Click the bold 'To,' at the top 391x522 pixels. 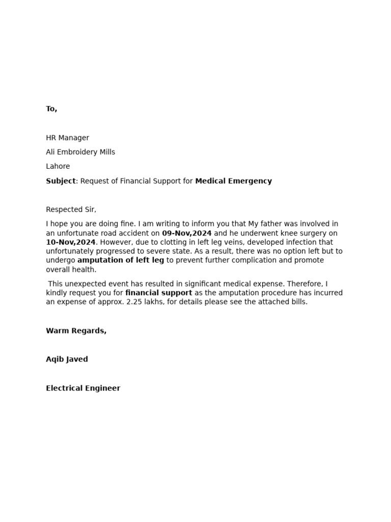[x=51, y=109]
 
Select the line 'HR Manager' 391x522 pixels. [x=67, y=138]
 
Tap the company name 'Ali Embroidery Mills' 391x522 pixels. [x=80, y=152]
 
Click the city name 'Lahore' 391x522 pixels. [x=58, y=166]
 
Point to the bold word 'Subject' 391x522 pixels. [x=61, y=181]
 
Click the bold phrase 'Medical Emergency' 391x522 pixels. [x=233, y=181]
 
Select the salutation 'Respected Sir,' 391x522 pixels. [x=71, y=210]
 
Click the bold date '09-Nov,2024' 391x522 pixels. [x=186, y=233]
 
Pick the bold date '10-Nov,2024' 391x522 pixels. [x=70, y=242]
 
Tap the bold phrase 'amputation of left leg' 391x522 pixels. [x=121, y=260]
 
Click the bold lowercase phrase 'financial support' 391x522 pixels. [x=158, y=293]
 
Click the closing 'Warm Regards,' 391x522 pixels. [x=76, y=330]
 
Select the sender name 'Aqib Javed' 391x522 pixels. [x=67, y=359]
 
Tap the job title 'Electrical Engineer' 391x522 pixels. [x=83, y=388]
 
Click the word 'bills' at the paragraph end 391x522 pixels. [x=297, y=302]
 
